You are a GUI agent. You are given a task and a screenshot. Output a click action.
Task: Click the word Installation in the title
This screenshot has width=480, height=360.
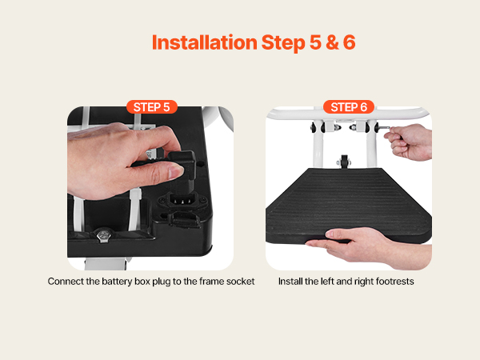pos(205,42)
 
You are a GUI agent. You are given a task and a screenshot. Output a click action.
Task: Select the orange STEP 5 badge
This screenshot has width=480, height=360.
pos(152,107)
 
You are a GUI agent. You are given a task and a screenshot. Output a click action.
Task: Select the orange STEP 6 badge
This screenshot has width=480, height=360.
pos(349,107)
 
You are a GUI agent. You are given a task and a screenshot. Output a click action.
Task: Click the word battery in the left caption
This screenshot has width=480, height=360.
pos(118,282)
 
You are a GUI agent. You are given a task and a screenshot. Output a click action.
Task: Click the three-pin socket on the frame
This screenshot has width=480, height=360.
pos(182,200)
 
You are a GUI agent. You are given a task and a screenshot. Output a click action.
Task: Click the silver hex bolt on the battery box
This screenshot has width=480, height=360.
pos(102,235)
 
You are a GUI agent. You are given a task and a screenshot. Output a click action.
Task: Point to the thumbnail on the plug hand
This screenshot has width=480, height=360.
pos(176,172)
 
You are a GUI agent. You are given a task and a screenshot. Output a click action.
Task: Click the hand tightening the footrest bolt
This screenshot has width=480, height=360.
pos(409,142)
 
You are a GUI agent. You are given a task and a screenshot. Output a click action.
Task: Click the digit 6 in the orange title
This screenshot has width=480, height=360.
pos(349,42)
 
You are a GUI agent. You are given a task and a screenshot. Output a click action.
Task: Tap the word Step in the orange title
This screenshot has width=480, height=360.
pos(283,43)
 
